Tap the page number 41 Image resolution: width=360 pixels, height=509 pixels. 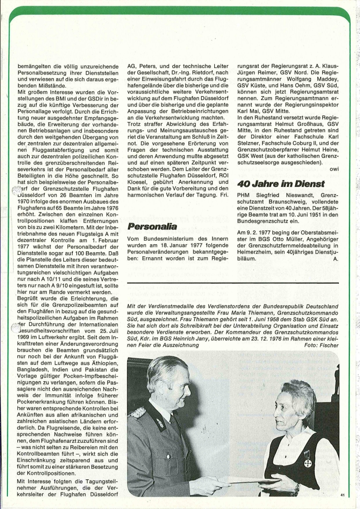343,496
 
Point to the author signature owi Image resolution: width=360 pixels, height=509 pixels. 335,169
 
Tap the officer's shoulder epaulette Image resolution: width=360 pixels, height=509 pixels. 139,412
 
